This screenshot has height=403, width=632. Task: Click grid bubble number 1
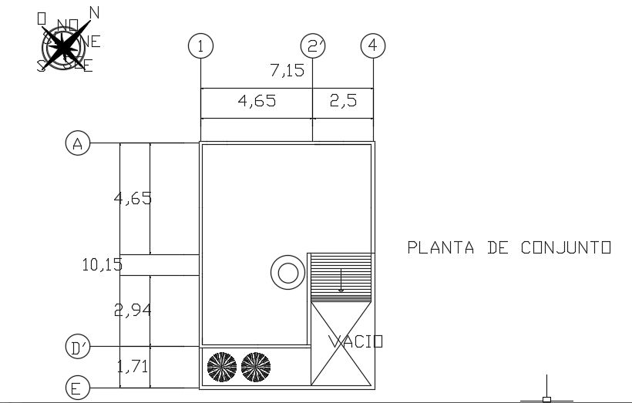(200, 46)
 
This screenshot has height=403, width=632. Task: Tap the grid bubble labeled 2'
(313, 46)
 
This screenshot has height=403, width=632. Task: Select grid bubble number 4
(373, 46)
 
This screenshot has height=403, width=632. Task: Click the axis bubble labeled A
(78, 143)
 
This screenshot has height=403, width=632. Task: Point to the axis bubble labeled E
(76, 388)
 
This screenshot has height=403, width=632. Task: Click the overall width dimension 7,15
(287, 71)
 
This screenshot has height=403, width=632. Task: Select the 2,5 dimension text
(344, 101)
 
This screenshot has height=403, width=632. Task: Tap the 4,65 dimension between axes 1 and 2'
(256, 101)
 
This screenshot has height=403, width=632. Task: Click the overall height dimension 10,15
(102, 265)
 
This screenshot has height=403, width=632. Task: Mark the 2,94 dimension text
(133, 311)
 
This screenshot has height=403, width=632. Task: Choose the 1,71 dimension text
(133, 367)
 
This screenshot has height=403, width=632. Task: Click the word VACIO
(355, 341)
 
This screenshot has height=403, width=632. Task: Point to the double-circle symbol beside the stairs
(287, 272)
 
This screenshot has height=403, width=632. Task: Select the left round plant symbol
(223, 368)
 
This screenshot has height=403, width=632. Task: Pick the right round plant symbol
(256, 368)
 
